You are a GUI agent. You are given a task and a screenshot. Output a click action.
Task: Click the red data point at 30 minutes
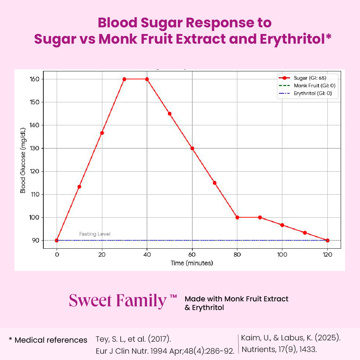(124, 79)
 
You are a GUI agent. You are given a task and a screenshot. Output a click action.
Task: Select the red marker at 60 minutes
(192, 148)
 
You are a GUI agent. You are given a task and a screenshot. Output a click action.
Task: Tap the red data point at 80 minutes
(237, 217)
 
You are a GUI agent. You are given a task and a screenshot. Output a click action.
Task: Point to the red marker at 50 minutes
(170, 114)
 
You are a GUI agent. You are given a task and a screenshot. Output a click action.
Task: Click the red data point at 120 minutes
(327, 240)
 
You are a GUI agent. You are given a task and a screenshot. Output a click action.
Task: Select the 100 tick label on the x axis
(282, 255)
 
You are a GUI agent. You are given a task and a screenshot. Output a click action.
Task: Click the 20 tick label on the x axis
(102, 255)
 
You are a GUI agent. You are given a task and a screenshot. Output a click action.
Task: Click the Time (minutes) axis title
(192, 263)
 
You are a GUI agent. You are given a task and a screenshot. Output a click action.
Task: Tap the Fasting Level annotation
(95, 234)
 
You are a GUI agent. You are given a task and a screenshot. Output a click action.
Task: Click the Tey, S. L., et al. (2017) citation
(133, 339)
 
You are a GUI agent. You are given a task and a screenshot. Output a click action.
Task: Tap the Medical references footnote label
(48, 340)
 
